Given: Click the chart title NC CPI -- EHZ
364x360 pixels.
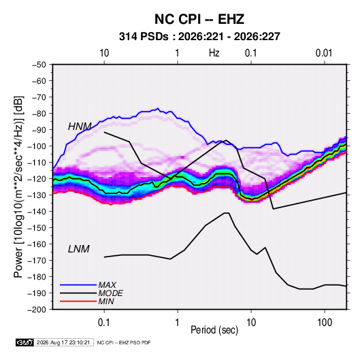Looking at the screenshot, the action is coord(199,19).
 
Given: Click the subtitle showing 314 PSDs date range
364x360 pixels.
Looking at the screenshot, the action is coord(199,37).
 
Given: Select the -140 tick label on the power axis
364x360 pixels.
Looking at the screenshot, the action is coord(38,212).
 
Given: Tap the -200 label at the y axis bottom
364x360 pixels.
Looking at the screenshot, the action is coord(38,310).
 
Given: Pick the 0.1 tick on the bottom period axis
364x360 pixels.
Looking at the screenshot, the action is coord(104,323).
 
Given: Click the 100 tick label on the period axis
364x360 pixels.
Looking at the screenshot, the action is coord(325,323).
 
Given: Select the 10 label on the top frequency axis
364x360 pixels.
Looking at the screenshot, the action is coord(104,53).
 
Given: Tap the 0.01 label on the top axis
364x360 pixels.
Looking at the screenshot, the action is coord(324,53).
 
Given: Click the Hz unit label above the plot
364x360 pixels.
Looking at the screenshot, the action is coord(214,53).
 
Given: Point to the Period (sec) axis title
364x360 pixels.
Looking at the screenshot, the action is coord(214,330).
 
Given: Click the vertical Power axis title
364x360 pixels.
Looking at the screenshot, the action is coord(18,187).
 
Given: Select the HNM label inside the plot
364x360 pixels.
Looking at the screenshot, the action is coord(80,127).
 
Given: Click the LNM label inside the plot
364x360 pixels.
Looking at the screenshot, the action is coord(79,249).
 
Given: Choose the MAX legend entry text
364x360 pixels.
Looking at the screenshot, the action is coord(107,285).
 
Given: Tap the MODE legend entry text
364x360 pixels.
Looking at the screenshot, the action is coord(110,293).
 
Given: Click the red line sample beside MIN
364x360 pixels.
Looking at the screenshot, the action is coord(78,301).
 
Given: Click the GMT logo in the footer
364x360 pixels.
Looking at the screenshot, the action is coord(24,342).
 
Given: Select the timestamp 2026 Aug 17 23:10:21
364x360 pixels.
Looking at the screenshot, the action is coord(63,342).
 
